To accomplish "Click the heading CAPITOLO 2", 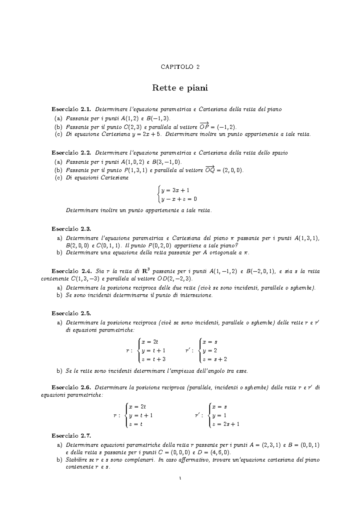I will pyautogui.click(x=180, y=67).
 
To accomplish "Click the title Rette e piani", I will pyautogui.click(x=180, y=88).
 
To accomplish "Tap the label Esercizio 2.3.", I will pyautogui.click(x=71, y=229).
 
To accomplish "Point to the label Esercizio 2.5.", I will pyautogui.click(x=71, y=314).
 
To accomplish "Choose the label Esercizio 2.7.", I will pyautogui.click(x=71, y=435).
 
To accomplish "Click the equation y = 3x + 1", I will pyautogui.click(x=175, y=190).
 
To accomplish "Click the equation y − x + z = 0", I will pyautogui.click(x=179, y=199).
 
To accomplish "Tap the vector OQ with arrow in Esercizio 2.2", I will pyautogui.click(x=210, y=170).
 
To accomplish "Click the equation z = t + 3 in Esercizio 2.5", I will pyautogui.click(x=154, y=359).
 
